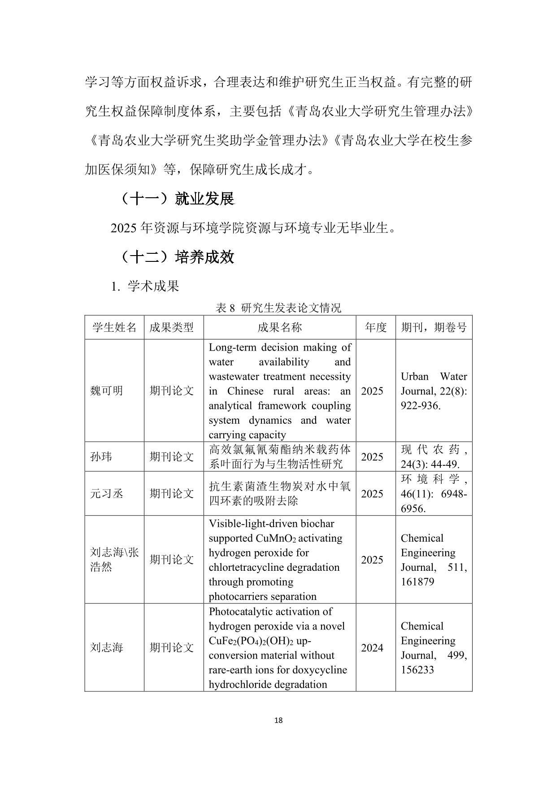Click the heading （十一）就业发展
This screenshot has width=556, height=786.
pos(178,199)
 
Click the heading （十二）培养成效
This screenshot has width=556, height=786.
pos(178,257)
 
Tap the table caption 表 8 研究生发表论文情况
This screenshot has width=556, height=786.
pos(278,308)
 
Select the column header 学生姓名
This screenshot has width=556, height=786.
pos(114,327)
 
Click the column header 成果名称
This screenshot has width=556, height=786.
pos(279,327)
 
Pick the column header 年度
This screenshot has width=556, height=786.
pos(375,327)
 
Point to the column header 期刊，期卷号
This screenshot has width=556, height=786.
pos(434,327)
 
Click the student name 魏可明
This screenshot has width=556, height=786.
pos(107,391)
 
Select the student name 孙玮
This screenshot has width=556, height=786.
pos(101,457)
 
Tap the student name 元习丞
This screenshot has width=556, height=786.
pos(107,494)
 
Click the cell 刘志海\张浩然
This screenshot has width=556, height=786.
pos(114,560)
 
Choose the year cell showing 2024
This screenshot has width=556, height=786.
pos(372,648)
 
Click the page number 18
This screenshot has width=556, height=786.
pos(278,721)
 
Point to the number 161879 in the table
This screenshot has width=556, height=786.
pos(417,582)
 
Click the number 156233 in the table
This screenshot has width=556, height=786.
pos(417,670)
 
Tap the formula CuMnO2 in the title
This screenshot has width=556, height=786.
pos(276,538)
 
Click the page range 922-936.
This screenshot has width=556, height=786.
pos(420,406)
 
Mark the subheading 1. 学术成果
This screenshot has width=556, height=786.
pos(145,286)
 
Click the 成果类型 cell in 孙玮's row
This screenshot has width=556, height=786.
pos(172,457)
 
